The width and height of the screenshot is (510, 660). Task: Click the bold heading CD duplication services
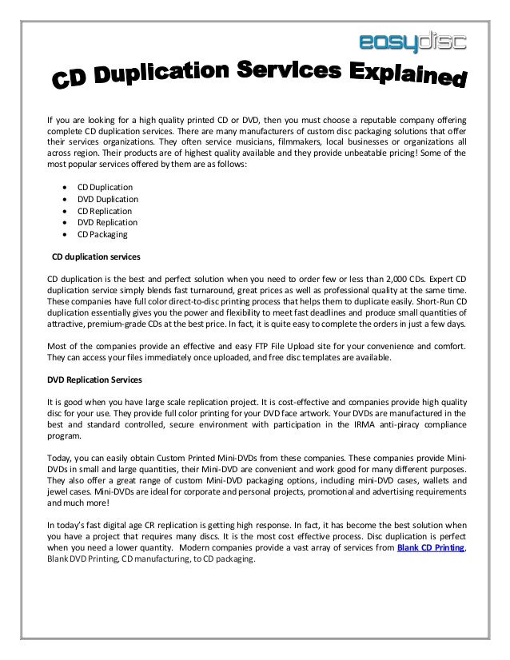[96, 257]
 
